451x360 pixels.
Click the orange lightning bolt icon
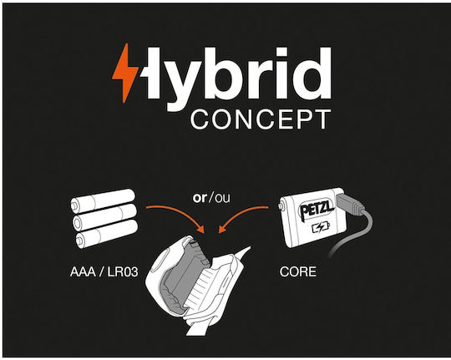click(125, 74)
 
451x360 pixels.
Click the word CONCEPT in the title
click(261, 119)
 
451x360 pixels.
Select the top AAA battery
click(103, 200)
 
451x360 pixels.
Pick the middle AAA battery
click(104, 216)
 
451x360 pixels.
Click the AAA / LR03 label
click(104, 272)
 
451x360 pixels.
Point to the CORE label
click(298, 272)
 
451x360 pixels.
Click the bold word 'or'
click(200, 198)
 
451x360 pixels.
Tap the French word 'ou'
click(223, 198)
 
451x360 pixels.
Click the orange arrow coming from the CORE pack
click(241, 215)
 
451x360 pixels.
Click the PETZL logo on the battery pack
click(317, 209)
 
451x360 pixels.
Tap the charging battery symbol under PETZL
click(321, 228)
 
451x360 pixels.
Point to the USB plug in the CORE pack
click(350, 205)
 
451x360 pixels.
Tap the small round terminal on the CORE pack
click(281, 206)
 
